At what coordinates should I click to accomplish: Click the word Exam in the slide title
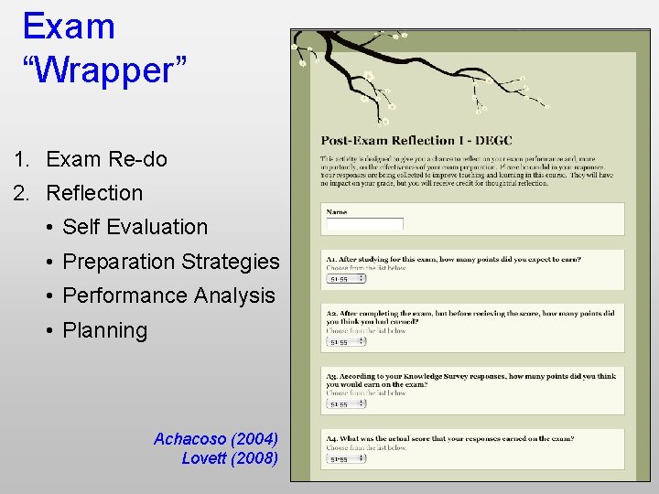(x=69, y=26)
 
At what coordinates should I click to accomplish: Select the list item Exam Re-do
(x=106, y=159)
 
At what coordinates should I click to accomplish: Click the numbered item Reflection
(x=94, y=193)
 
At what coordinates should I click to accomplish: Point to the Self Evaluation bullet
(x=135, y=227)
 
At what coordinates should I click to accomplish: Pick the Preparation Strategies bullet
(x=170, y=262)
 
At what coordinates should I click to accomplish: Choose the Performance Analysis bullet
(x=168, y=295)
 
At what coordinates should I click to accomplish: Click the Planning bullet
(x=104, y=330)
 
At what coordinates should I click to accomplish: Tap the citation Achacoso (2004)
(x=216, y=439)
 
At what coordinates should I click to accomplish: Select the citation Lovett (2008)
(x=230, y=458)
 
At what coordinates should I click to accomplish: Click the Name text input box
(x=364, y=224)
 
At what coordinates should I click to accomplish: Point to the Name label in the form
(x=337, y=212)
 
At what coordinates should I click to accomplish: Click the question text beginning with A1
(x=453, y=260)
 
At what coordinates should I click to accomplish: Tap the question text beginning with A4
(x=449, y=438)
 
